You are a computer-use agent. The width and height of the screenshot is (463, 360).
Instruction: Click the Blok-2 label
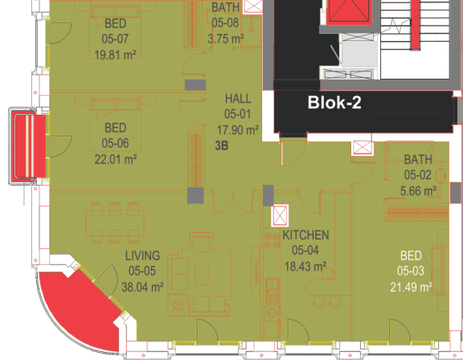(334, 102)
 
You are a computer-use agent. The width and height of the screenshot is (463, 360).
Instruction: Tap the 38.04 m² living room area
(142, 287)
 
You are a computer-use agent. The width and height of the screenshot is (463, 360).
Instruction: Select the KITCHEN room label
(305, 235)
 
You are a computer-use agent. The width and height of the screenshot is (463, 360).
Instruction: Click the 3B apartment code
(222, 145)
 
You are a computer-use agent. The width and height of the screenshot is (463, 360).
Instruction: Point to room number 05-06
(115, 143)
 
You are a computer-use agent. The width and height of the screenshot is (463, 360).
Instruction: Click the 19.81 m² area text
(115, 55)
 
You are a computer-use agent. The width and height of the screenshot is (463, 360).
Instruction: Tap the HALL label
(238, 99)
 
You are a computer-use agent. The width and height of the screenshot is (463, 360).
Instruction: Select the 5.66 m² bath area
(418, 191)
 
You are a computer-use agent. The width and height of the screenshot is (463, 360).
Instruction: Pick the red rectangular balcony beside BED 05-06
(28, 147)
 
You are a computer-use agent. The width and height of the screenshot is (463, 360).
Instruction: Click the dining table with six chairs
(115, 223)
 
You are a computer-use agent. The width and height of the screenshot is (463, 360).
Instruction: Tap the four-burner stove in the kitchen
(272, 240)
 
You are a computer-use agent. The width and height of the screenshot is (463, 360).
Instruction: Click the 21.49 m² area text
(411, 287)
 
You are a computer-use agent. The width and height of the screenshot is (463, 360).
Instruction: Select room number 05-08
(225, 22)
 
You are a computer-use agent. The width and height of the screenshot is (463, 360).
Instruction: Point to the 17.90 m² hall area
(238, 130)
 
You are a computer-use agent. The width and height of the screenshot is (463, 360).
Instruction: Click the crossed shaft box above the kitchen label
(280, 215)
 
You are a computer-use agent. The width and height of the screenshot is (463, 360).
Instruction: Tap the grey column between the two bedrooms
(195, 85)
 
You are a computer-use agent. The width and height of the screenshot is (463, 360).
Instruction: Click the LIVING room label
(142, 256)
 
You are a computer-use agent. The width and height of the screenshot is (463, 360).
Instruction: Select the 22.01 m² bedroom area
(116, 159)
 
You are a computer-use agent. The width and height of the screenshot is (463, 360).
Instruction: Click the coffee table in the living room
(202, 274)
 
